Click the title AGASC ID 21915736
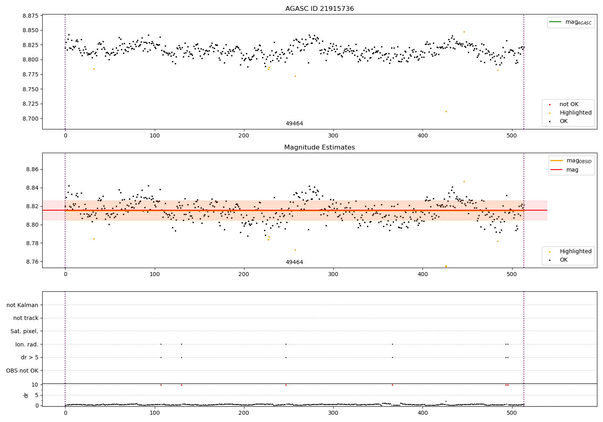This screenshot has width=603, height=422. click(320, 9)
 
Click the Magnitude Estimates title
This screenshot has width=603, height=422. click(320, 147)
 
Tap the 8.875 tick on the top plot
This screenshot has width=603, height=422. click(31, 16)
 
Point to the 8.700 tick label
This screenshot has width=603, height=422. click(31, 119)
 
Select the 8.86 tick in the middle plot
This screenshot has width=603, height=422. click(32, 170)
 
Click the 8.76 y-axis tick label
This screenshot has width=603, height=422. click(32, 262)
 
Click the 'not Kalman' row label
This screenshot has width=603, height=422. click(23, 305)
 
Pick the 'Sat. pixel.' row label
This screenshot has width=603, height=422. click(25, 331)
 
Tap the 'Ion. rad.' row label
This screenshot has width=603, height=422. click(27, 344)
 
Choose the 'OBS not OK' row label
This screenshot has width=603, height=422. click(22, 371)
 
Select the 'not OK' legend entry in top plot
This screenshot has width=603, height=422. click(569, 104)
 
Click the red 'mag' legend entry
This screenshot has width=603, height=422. click(572, 170)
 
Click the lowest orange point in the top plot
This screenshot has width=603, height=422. click(446, 111)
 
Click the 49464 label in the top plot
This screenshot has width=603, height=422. click(294, 124)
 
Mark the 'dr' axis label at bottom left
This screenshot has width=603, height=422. click(26, 395)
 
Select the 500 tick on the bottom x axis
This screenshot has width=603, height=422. click(512, 412)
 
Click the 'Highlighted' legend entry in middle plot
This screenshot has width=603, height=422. click(575, 251)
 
